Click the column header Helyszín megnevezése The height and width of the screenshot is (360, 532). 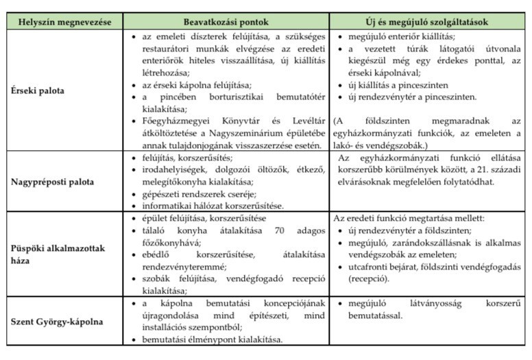[63, 23]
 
